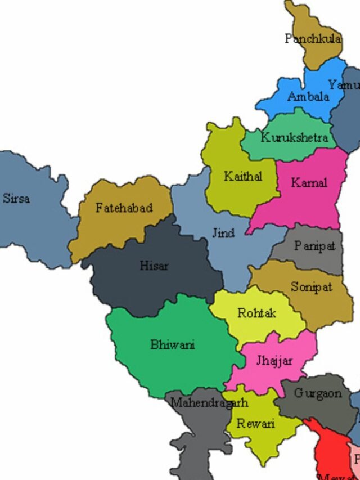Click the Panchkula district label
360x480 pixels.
pyautogui.click(x=312, y=39)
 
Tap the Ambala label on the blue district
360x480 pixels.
pyautogui.click(x=308, y=97)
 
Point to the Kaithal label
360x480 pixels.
pyautogui.click(x=242, y=176)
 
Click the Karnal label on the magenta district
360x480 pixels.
pyautogui.click(x=309, y=183)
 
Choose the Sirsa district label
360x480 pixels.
pyautogui.click(x=16, y=199)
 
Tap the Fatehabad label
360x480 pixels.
pyautogui.click(x=124, y=208)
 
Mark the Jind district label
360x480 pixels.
pyautogui.click(x=223, y=232)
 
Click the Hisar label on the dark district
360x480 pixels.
pyautogui.click(x=154, y=266)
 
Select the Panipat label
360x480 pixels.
pyautogui.click(x=314, y=246)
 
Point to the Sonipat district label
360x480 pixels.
pyautogui.click(x=311, y=287)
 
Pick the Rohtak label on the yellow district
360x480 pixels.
pyautogui.click(x=256, y=313)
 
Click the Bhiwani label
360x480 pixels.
pyautogui.click(x=172, y=344)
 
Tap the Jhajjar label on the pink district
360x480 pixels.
pyautogui.click(x=274, y=361)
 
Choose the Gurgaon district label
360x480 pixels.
pyautogui.click(x=318, y=393)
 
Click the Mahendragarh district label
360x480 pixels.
pyautogui.click(x=209, y=403)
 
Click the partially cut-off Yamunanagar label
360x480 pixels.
pyautogui.click(x=344, y=85)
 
